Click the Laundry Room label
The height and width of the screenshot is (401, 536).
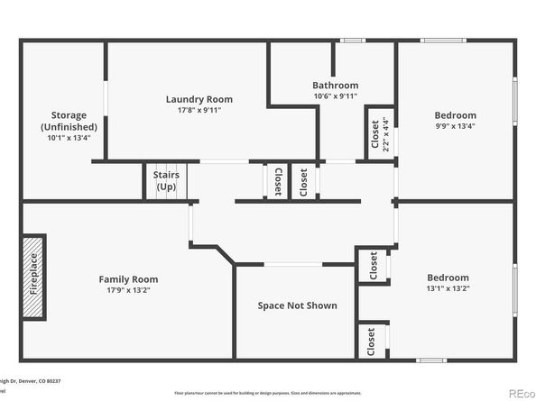[199, 99]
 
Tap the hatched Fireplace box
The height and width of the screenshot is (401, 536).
[33, 278]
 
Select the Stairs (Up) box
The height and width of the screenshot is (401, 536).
[166, 181]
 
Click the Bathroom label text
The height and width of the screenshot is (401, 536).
[336, 86]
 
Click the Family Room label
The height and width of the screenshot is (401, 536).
[128, 279]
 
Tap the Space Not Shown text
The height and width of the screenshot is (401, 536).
[297, 305]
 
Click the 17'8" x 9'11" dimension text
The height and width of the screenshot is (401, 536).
[199, 110]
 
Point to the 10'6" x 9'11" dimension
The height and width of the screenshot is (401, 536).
[336, 96]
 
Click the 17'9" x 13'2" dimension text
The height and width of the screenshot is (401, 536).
[128, 290]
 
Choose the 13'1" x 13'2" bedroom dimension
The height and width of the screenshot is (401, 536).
[448, 288]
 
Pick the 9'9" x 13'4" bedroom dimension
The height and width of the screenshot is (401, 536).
[455, 126]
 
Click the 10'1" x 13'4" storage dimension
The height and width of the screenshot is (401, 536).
[69, 138]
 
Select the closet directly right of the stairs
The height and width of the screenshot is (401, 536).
[277, 181]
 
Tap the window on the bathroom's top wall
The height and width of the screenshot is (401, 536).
[352, 41]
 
